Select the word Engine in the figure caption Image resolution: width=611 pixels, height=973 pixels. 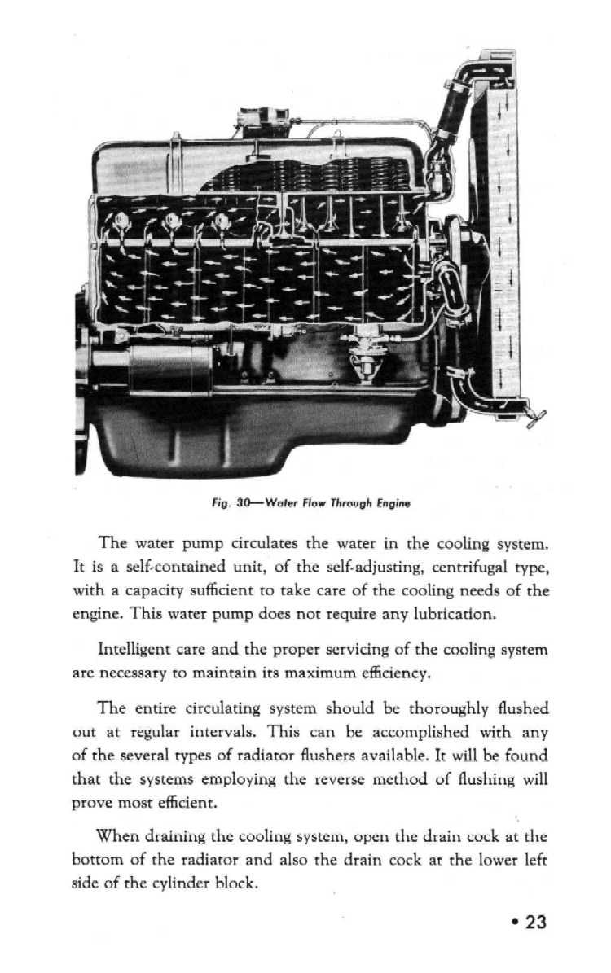click(x=393, y=503)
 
